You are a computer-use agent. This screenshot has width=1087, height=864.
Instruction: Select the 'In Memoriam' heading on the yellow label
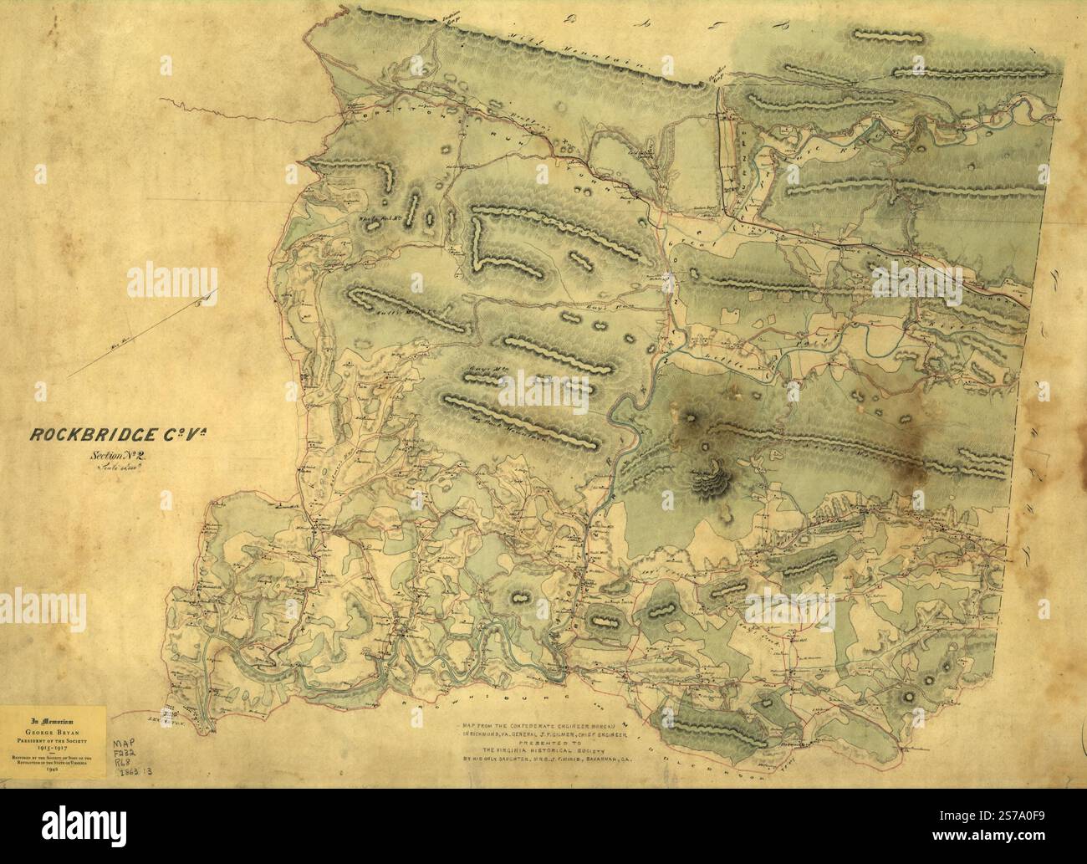coord(51,718)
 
